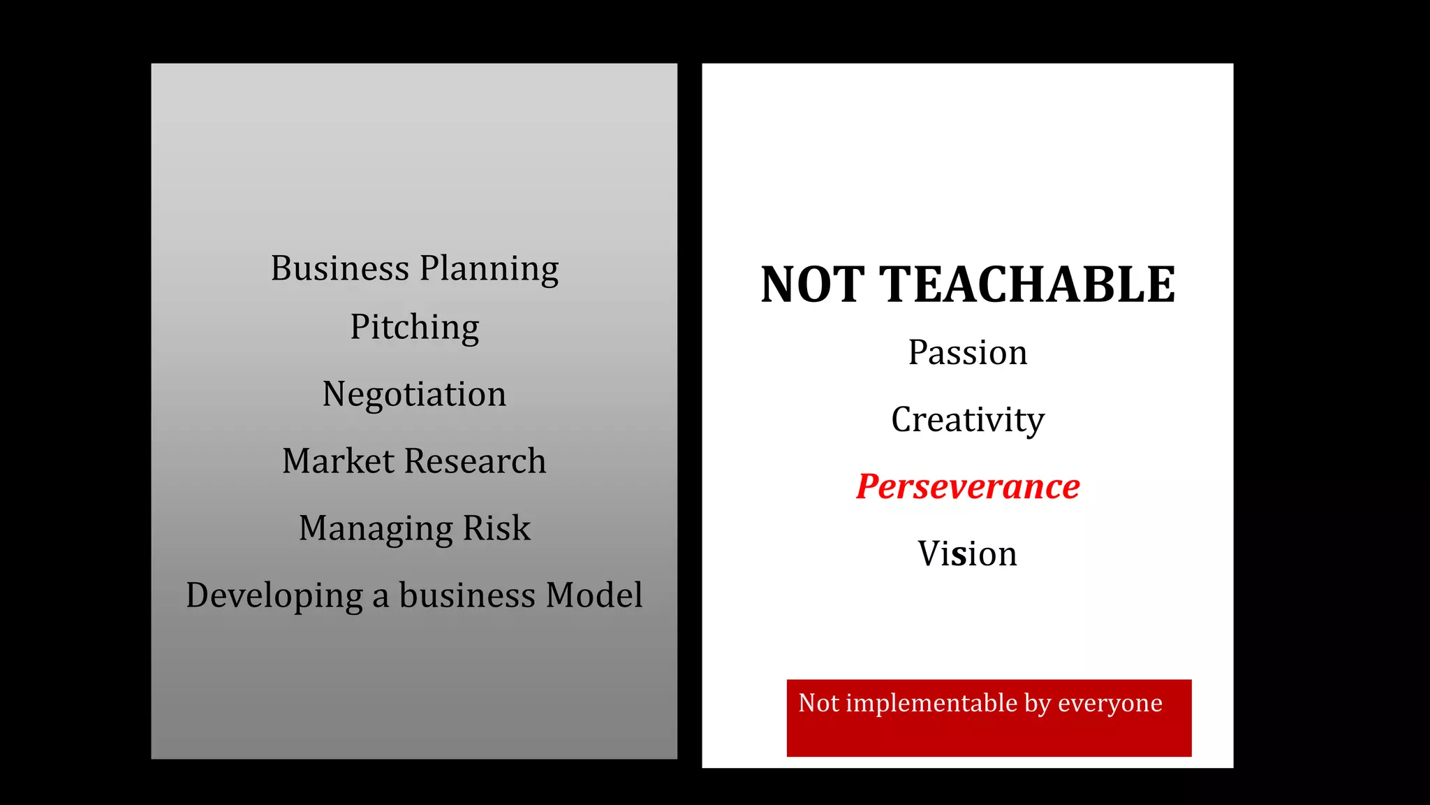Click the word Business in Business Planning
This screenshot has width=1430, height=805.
click(x=339, y=268)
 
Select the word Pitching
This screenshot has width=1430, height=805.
click(x=414, y=328)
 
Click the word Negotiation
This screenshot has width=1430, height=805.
click(x=414, y=395)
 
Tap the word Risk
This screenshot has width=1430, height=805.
click(x=496, y=528)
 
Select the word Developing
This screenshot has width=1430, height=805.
click(x=274, y=596)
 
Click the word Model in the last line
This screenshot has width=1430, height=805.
click(x=594, y=595)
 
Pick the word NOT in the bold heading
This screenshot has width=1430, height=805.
click(x=812, y=285)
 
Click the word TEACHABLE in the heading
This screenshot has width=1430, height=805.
click(x=1026, y=285)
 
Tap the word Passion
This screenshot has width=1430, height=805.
click(x=968, y=352)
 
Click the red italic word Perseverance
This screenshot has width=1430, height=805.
click(x=968, y=486)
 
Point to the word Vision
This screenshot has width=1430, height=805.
click(x=967, y=553)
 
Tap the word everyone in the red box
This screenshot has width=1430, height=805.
click(x=1110, y=704)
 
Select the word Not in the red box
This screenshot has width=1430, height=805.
click(x=818, y=703)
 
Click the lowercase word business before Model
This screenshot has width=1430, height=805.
click(x=467, y=595)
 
